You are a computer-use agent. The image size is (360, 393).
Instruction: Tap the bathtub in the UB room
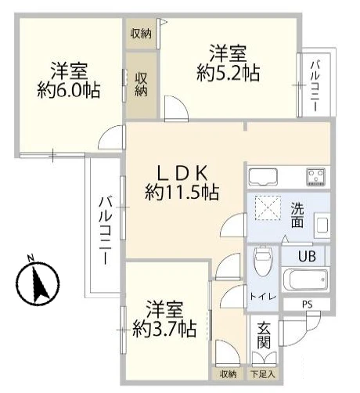point(305,279)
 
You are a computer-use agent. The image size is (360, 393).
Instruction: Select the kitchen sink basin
point(263,177)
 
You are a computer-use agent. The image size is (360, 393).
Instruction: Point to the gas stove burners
point(316,177)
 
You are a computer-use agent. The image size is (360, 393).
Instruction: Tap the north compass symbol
point(38,282)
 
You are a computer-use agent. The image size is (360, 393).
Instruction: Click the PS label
point(308,305)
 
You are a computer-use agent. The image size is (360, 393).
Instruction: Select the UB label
point(307,256)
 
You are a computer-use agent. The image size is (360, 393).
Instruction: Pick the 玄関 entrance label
point(264,335)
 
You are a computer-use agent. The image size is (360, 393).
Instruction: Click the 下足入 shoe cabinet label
point(263,374)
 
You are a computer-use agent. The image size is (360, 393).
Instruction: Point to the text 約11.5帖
point(182,193)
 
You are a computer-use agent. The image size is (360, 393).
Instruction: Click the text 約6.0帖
point(69,90)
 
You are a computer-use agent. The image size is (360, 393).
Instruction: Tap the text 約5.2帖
point(229,74)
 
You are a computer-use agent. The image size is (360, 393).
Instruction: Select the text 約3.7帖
point(164,329)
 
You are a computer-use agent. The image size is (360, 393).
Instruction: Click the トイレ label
point(263,297)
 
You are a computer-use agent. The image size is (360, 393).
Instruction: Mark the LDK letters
point(182,173)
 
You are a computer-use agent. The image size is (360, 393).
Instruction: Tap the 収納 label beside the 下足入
point(228,374)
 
